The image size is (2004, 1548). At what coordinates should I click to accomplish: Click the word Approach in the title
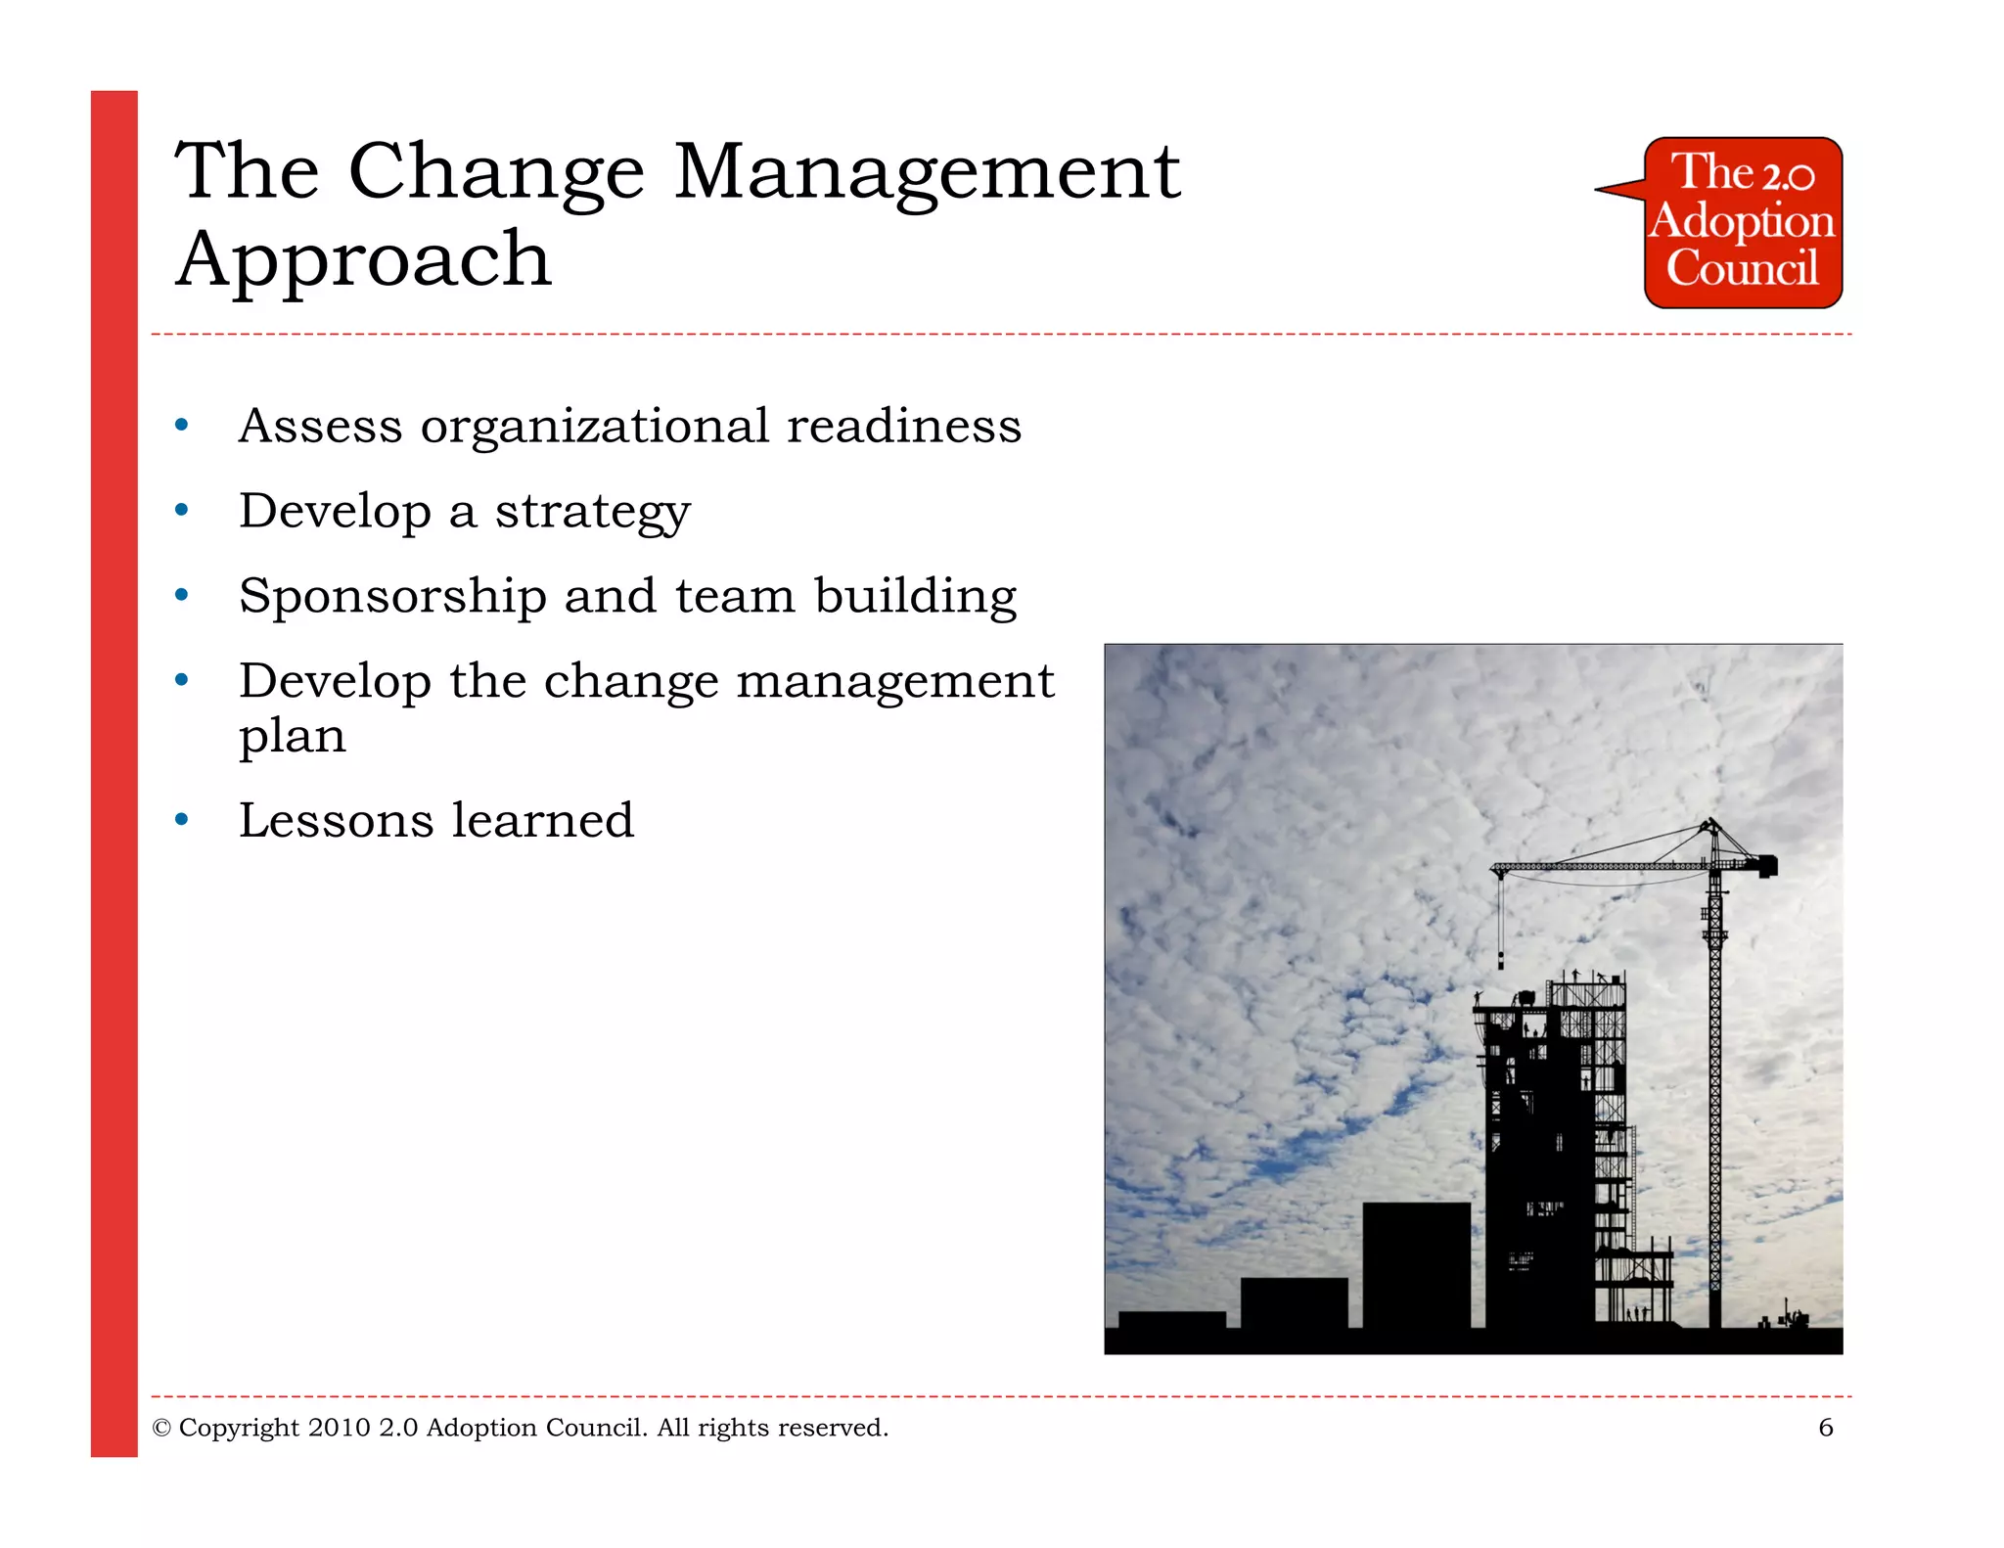pos(364,259)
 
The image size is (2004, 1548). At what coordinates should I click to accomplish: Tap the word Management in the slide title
pos(926,172)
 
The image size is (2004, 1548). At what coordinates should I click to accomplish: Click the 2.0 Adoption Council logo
pos(1742,223)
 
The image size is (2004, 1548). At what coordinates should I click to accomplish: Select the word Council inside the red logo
pos(1742,269)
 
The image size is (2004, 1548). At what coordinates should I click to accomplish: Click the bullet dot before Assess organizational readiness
pos(181,425)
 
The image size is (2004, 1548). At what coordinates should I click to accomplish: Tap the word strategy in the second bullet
pos(592,512)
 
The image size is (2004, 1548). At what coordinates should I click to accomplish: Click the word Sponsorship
pos(392,597)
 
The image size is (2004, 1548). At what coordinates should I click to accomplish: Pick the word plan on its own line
pos(292,736)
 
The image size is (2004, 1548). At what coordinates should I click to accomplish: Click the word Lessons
pos(336,820)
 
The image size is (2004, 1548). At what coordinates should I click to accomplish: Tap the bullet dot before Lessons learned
pos(181,819)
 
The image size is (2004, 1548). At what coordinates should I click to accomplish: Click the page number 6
pos(1825,1428)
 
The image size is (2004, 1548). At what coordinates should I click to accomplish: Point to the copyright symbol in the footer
pos(161,1429)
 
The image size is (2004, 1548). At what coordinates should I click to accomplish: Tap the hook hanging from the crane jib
pos(1501,961)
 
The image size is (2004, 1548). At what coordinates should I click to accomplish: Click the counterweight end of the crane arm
pos(1766,865)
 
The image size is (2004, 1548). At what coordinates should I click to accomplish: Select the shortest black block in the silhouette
pos(1171,1319)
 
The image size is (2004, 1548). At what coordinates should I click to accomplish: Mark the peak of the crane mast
pos(1711,822)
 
